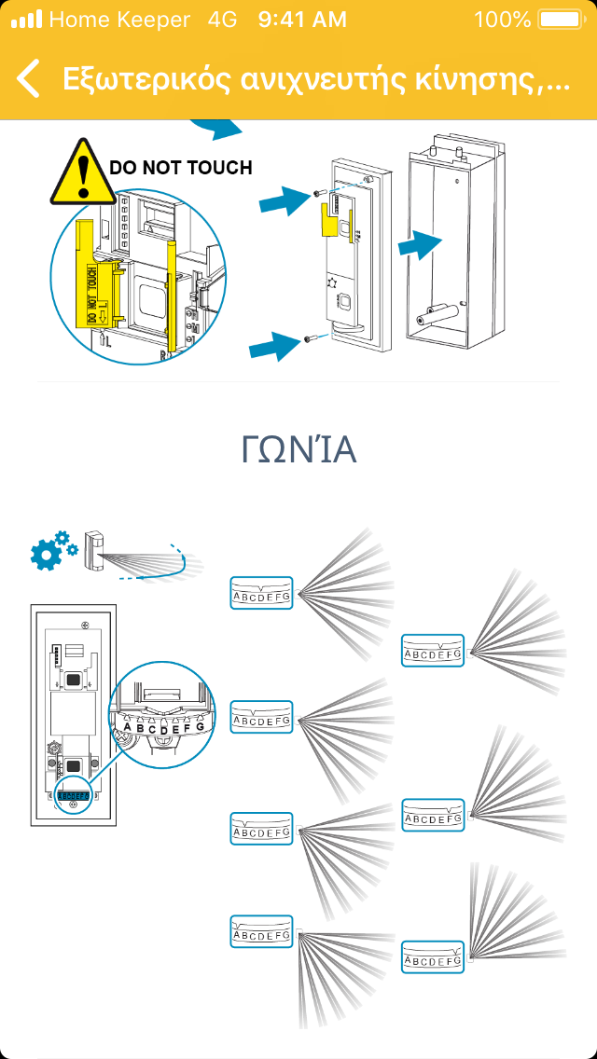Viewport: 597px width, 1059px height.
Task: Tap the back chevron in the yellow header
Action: click(x=28, y=78)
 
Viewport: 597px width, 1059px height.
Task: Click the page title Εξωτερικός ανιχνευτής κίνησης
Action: click(x=315, y=79)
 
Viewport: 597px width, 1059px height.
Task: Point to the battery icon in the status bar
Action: click(x=559, y=19)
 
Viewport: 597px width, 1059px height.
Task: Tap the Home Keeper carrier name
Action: click(x=119, y=19)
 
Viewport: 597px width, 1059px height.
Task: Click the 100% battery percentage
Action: click(x=502, y=19)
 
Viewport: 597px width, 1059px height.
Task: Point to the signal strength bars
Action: click(x=26, y=19)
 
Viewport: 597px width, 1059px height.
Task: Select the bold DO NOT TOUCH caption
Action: click(x=181, y=168)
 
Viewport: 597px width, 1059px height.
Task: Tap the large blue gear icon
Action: click(x=46, y=555)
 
